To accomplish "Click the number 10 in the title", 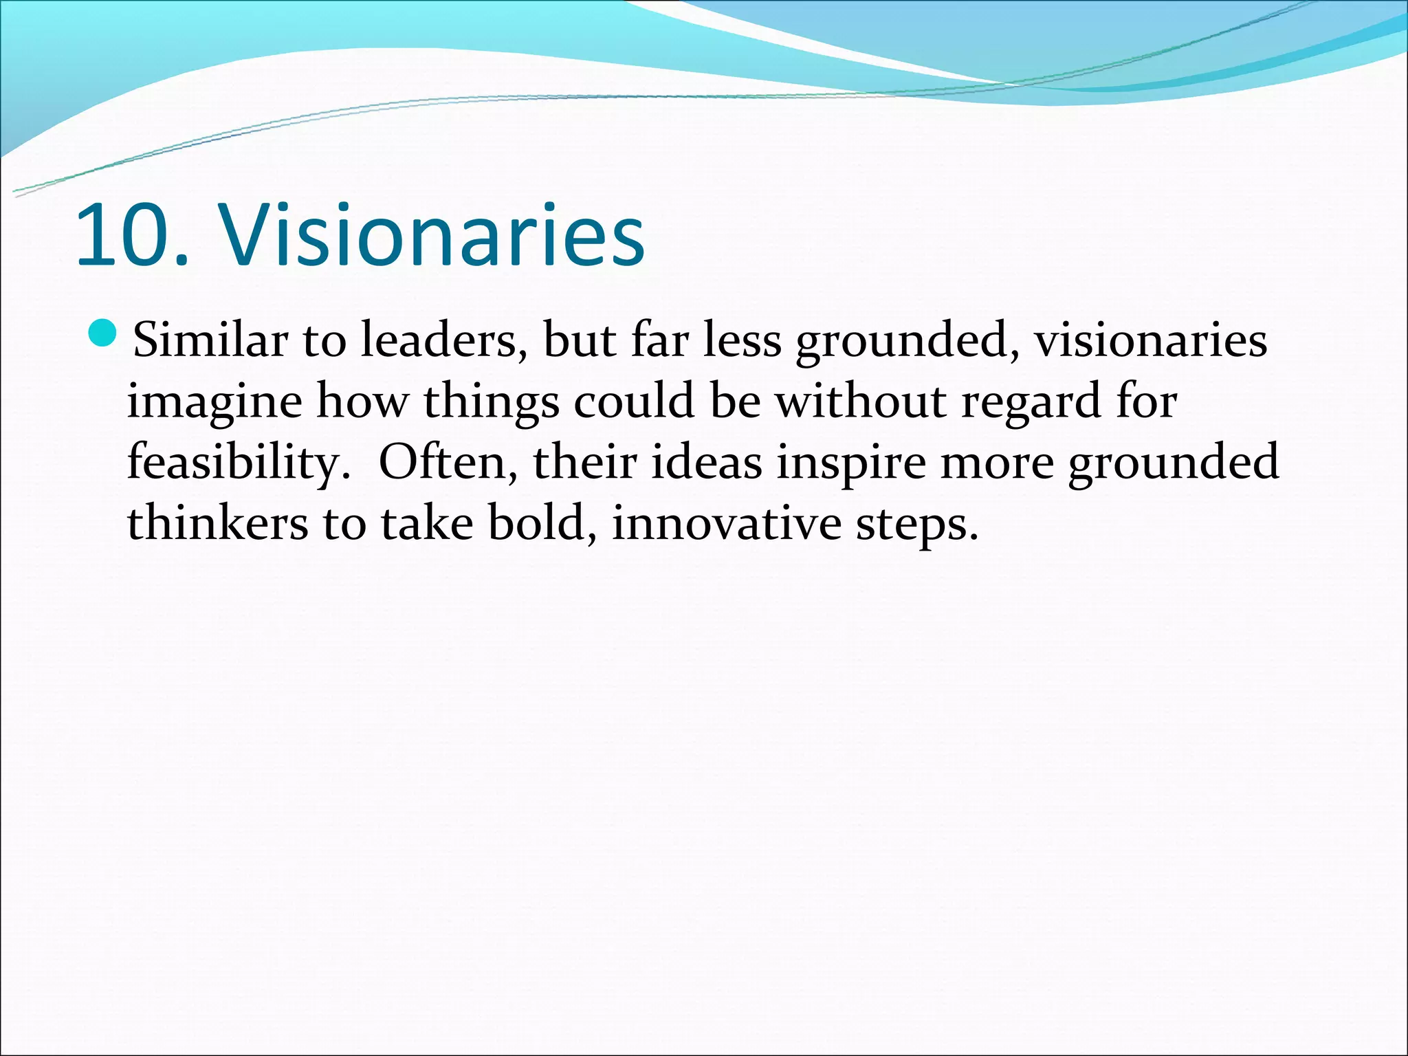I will [124, 236].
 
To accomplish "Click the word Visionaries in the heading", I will [431, 236].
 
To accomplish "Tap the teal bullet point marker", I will [104, 335].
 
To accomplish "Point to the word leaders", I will [439, 340].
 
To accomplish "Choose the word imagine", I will [214, 401].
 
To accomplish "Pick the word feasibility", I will [234, 463].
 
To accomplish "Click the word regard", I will [1031, 401].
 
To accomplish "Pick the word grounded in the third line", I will [1173, 463].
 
